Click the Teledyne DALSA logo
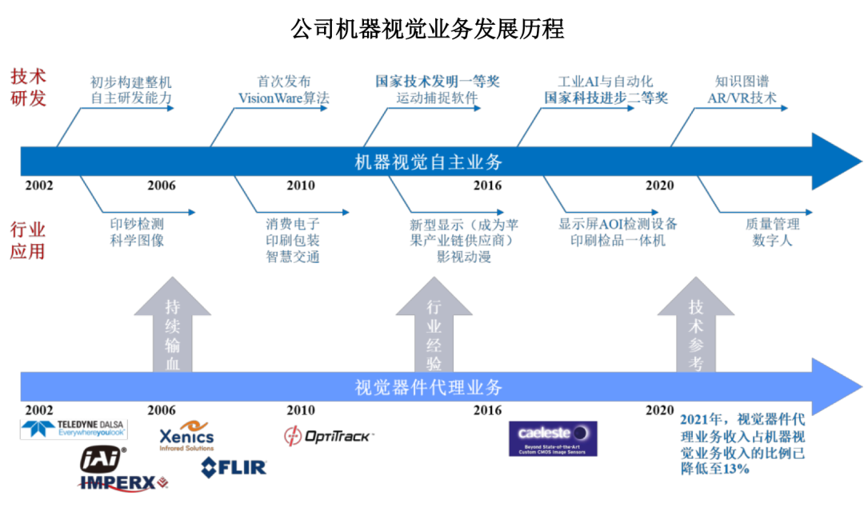click(x=74, y=429)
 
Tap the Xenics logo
click(x=186, y=436)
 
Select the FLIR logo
click(x=234, y=468)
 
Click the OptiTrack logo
click(x=329, y=437)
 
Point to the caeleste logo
click(x=553, y=439)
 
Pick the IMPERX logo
click(x=123, y=483)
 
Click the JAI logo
click(x=102, y=460)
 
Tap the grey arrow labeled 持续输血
click(x=173, y=324)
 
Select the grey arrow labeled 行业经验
click(x=434, y=324)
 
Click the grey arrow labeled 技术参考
click(x=695, y=324)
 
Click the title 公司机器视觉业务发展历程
click(x=427, y=29)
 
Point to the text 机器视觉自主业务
click(x=428, y=162)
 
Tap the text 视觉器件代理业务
click(x=428, y=387)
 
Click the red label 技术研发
click(x=28, y=87)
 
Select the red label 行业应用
click(x=27, y=240)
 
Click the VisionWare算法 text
click(x=284, y=98)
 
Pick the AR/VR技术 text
click(x=742, y=98)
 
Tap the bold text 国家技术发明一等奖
click(x=438, y=82)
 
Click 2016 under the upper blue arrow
click(x=488, y=186)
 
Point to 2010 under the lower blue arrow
click(x=301, y=410)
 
